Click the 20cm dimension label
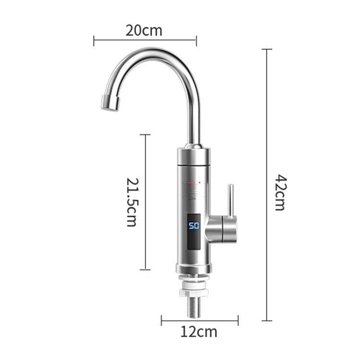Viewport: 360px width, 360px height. pos(144,31)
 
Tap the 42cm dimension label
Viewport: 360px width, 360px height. pos(280,192)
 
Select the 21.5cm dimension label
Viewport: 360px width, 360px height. pos(132,202)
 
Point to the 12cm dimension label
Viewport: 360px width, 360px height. pos(199,331)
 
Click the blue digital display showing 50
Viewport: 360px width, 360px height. pos(193,226)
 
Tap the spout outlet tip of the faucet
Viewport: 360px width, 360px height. pos(109,103)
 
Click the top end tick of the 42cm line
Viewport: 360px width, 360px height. pos(267,49)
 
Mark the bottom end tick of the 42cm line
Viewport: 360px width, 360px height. pos(267,320)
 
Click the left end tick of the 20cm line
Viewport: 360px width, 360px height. pos(94,41)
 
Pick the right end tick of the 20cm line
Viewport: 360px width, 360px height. pos(196,41)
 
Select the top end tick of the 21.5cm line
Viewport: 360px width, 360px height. pos(145,135)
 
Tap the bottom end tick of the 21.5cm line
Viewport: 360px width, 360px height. pos(145,269)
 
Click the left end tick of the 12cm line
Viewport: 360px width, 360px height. pos(162,320)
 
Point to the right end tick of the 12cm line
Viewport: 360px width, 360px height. pos(238,320)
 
